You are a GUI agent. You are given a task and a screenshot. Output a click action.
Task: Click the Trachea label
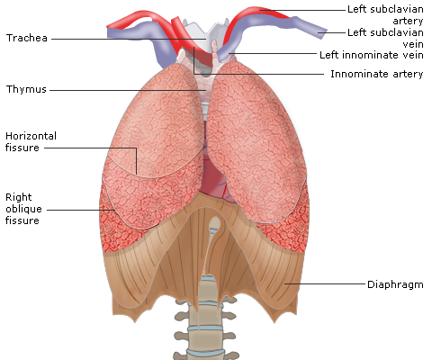27,38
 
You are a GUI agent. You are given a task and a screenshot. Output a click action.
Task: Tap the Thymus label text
26,89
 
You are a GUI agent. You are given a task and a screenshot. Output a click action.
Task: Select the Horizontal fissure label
31,141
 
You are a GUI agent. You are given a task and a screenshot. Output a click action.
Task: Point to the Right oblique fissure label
23,209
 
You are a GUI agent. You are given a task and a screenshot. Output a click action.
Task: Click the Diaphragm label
395,284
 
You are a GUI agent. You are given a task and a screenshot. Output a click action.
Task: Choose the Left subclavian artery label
385,14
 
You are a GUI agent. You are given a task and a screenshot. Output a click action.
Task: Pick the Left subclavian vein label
385,38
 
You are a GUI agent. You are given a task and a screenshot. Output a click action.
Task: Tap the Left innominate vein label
372,55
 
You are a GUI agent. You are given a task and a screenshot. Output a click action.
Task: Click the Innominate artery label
377,74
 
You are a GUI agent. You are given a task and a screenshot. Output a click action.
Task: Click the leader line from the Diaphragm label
325,283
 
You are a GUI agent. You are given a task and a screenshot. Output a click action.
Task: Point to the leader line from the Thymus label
128,90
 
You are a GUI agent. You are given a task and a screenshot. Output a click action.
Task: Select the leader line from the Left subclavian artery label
302,10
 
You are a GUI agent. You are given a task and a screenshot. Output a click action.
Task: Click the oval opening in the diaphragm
214,224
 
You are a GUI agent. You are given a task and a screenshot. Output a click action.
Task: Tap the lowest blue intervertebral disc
205,352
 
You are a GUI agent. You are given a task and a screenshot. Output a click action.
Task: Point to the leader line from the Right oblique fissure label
81,210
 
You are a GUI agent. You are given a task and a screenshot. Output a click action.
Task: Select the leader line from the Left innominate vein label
273,54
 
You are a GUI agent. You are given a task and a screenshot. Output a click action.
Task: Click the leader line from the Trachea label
129,39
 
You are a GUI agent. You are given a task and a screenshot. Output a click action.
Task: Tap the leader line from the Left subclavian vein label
332,32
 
